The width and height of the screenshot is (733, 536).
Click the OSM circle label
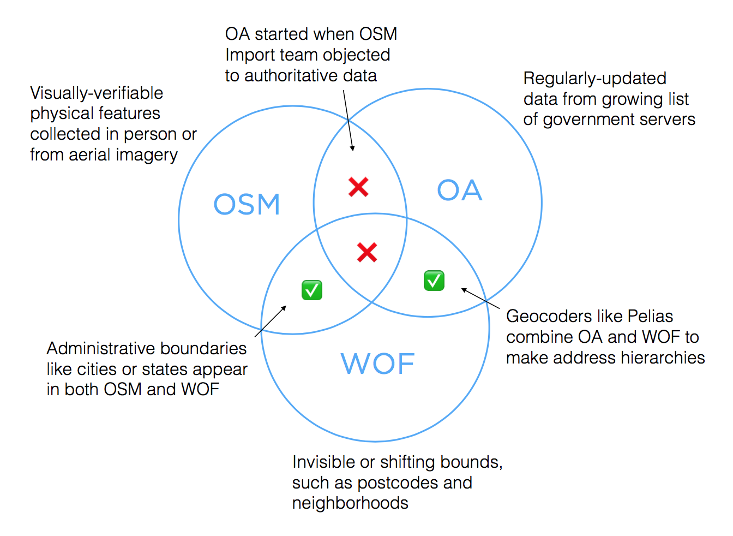[247, 204]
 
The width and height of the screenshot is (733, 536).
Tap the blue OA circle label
[460, 190]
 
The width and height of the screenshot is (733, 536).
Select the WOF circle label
[377, 364]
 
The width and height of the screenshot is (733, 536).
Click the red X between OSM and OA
[358, 187]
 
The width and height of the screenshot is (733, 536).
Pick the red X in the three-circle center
[367, 252]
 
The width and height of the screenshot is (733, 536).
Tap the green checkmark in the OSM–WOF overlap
[312, 290]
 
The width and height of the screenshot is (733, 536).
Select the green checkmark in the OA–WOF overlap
[434, 281]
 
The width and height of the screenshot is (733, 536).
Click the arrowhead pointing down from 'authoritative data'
[352, 148]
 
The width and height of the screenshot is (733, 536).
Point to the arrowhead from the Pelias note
[464, 290]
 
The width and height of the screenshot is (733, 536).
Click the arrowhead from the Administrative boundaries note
[284, 308]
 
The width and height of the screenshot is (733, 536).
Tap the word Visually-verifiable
[97, 93]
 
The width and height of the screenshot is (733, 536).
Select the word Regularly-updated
[595, 79]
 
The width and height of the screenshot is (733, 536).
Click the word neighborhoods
[350, 503]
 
